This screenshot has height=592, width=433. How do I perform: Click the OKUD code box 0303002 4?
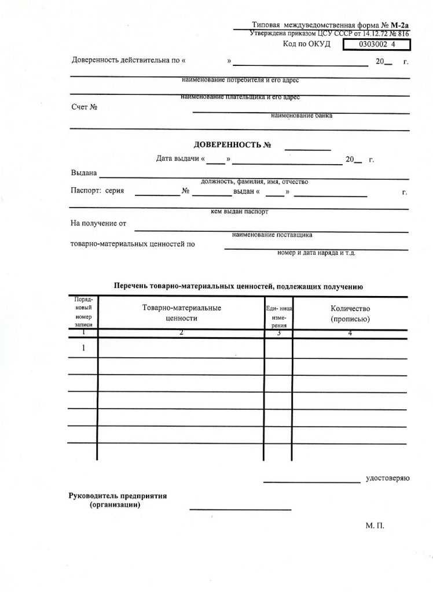tap(377, 45)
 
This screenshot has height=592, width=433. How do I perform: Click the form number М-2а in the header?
tap(400, 25)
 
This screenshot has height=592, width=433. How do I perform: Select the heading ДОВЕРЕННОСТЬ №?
tap(233, 145)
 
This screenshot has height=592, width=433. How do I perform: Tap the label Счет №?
tap(84, 107)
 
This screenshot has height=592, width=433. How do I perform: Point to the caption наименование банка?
tap(302, 116)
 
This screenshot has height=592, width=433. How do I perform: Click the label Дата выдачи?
tap(177, 159)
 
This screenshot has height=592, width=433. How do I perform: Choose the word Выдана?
tap(84, 173)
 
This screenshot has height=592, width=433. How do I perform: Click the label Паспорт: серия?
tap(97, 191)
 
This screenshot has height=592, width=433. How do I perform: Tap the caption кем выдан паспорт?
tap(240, 212)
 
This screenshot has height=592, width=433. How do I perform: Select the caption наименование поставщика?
tap(272, 235)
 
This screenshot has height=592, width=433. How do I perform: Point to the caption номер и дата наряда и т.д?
tap(316, 253)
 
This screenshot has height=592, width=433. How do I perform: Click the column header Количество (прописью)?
tap(350, 313)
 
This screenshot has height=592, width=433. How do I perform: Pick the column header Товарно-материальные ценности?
tap(181, 313)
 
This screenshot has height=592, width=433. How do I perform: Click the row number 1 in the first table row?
tap(83, 348)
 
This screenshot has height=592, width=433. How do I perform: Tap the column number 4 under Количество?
tap(350, 333)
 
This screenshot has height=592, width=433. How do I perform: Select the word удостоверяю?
tap(387, 478)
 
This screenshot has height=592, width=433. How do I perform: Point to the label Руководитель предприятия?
tap(118, 496)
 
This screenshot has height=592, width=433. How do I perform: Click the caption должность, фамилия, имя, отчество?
tap(254, 182)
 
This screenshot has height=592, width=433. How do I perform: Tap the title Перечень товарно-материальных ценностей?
tap(238, 286)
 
